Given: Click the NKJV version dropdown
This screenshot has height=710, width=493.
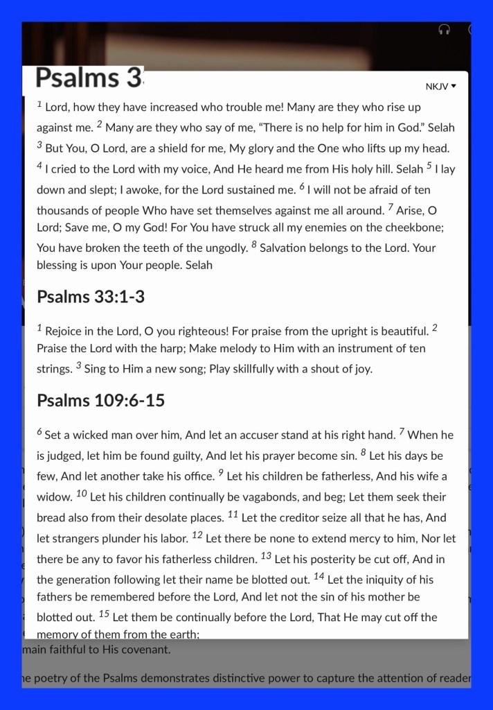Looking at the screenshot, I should click(441, 87).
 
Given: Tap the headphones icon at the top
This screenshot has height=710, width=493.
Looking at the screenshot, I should click(445, 30).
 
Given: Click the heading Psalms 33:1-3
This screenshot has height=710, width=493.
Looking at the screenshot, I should click(90, 297).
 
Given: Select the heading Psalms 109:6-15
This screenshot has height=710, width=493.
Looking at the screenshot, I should click(100, 400).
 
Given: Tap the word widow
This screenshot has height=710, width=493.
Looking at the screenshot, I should click(54, 498).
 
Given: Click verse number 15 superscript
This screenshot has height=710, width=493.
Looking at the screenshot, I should click(104, 614).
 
